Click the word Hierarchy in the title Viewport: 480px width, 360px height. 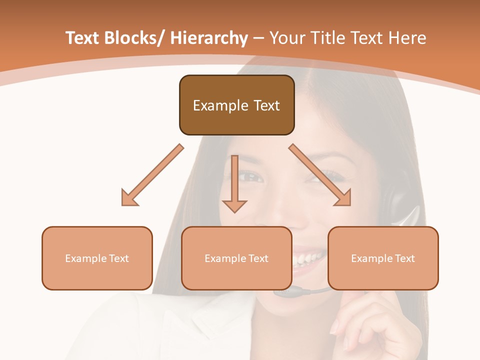tap(209, 38)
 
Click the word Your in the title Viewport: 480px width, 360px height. tap(287, 38)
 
